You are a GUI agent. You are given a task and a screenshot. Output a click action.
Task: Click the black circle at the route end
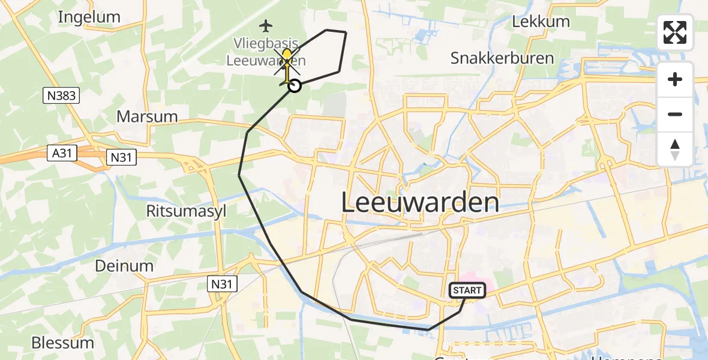coord(295,86)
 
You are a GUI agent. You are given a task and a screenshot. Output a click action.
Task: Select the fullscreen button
coord(675,32)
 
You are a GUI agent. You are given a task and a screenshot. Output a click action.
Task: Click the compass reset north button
coord(675,149)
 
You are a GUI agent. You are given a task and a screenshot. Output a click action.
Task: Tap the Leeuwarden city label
coord(420,203)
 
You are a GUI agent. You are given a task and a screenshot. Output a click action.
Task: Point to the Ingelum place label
coord(89,17)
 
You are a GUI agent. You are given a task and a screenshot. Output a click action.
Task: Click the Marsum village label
coord(147,116)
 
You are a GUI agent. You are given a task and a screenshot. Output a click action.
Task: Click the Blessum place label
coord(62,343)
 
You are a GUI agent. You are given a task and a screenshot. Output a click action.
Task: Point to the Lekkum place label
coord(541,22)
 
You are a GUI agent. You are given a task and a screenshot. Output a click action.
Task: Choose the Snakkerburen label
coord(493,58)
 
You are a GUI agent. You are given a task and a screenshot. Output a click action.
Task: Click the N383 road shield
coord(61,95)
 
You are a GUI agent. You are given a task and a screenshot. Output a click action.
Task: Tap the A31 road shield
coord(62,154)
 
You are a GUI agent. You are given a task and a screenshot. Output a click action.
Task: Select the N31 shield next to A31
coord(122,158)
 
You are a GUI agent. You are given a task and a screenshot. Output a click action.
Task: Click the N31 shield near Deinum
coord(223,283)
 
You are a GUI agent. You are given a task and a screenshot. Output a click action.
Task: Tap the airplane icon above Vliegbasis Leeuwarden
coord(266,26)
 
